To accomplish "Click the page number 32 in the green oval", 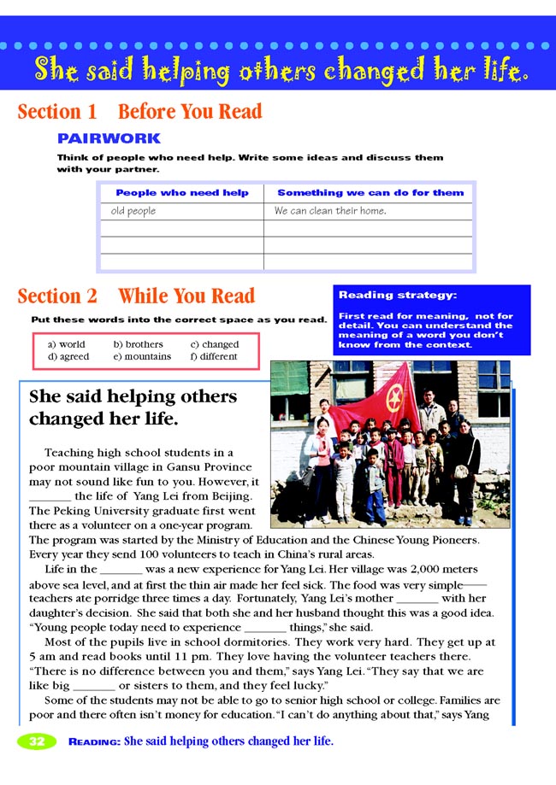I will click(x=37, y=741).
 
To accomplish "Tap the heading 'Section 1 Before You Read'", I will click(x=139, y=112).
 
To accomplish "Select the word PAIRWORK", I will click(x=108, y=138).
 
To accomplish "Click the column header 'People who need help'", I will click(x=182, y=193).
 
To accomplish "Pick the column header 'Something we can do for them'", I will click(x=370, y=193).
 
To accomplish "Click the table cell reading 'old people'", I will click(x=133, y=210).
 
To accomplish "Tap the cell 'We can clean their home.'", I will click(x=330, y=210).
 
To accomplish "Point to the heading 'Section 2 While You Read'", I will click(x=136, y=296).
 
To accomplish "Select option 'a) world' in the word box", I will click(x=67, y=344).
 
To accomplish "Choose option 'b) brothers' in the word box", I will click(x=138, y=344).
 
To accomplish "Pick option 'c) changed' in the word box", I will click(x=214, y=344).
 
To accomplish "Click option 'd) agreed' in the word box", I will click(x=68, y=356).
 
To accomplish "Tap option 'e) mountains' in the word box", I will click(x=142, y=356).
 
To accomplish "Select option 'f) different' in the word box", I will click(x=214, y=356).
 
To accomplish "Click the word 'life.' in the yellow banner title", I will click(x=495, y=70).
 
